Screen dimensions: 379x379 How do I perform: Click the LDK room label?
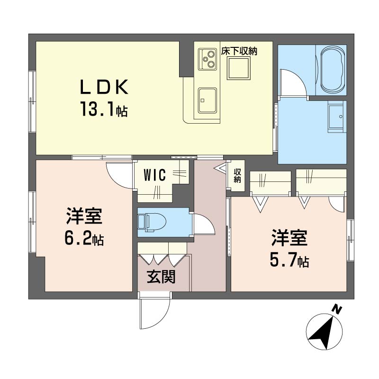(104, 87)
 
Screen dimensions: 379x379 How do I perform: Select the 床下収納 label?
(239, 51)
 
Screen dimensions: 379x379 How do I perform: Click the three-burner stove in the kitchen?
(207, 59)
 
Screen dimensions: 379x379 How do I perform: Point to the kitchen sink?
(207, 100)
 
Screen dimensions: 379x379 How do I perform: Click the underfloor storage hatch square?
(238, 68)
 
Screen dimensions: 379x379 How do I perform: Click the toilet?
(152, 222)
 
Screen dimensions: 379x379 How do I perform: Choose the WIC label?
(155, 175)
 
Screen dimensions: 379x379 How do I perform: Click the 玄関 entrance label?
(161, 277)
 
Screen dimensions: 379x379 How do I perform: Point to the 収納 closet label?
(237, 175)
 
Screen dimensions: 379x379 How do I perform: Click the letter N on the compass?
(336, 310)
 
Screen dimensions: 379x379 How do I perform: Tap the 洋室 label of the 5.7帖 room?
(289, 238)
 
